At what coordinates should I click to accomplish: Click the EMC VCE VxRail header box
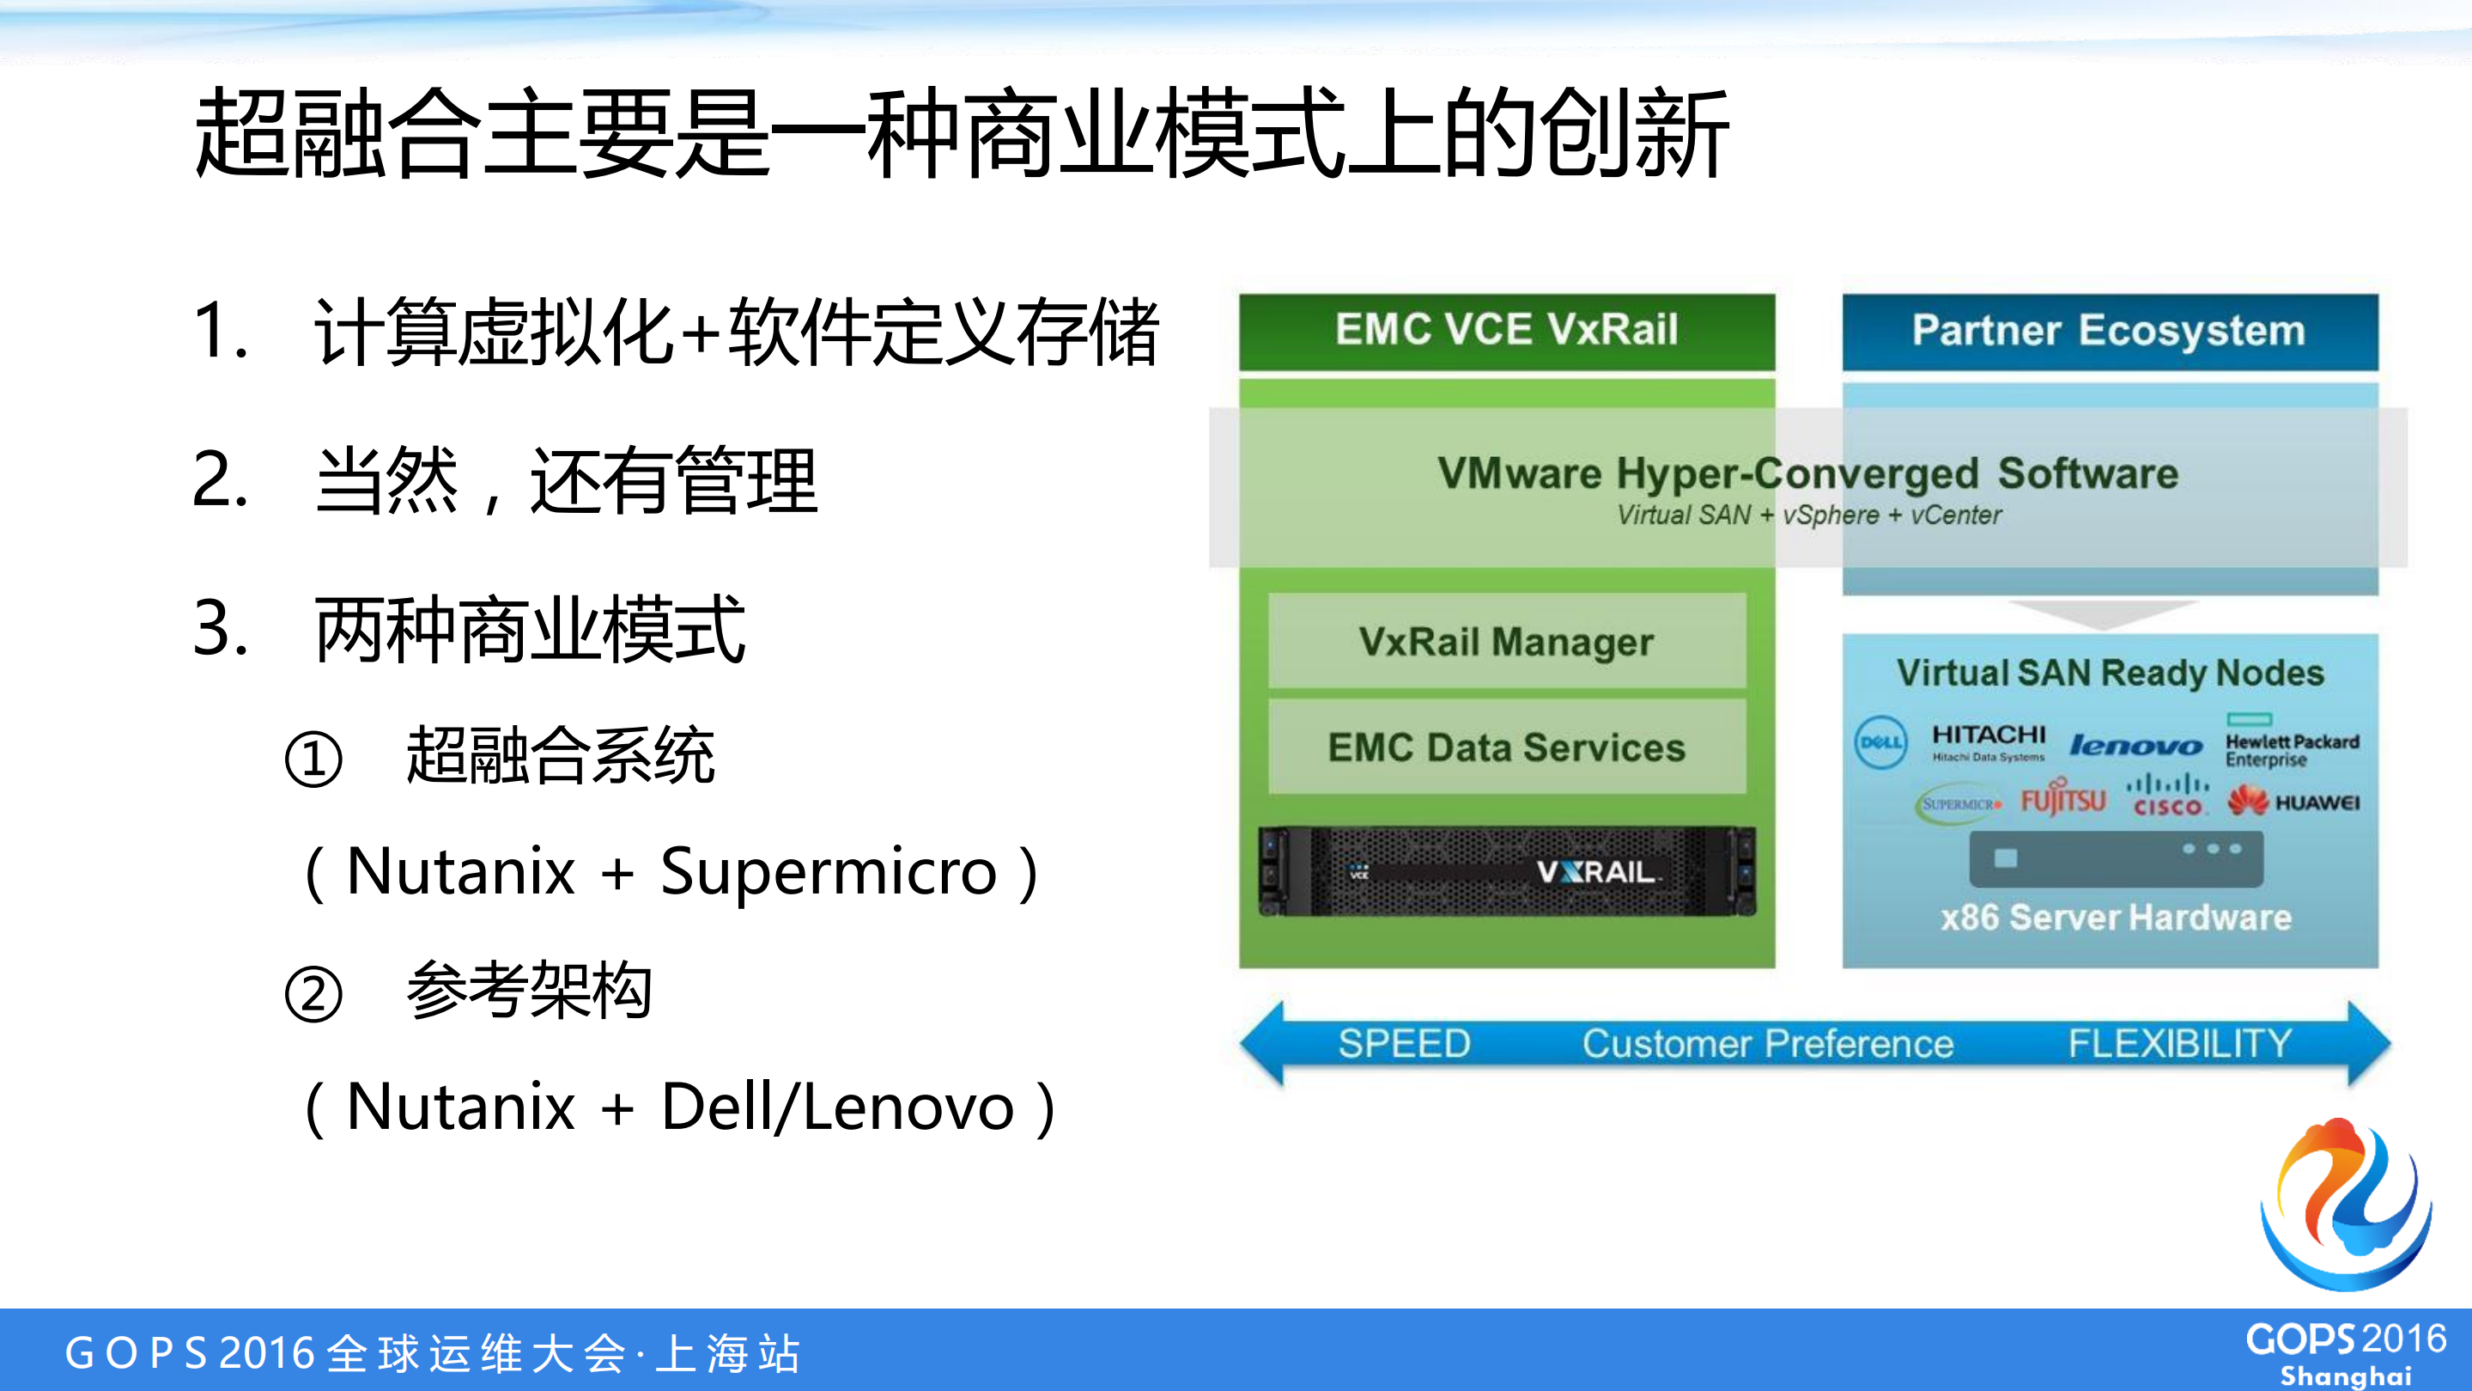(x=1507, y=331)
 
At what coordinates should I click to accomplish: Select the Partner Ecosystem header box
(x=2110, y=331)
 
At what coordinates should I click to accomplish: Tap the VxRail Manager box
(x=1507, y=641)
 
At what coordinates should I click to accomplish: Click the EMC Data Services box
(x=1507, y=747)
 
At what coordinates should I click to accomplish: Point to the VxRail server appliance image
(x=1507, y=870)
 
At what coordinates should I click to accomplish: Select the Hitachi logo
(x=1989, y=741)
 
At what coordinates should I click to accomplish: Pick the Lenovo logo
(x=2135, y=745)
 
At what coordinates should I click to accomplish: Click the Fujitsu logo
(x=2063, y=799)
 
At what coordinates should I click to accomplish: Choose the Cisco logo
(x=2167, y=796)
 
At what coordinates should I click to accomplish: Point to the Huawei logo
(x=2293, y=802)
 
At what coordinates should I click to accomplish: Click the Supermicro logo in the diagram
(x=1960, y=803)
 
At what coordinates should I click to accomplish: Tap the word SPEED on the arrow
(x=1404, y=1044)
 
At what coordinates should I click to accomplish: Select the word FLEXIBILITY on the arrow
(x=2179, y=1044)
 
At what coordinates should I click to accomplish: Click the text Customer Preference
(x=1768, y=1044)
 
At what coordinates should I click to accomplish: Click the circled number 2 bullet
(x=313, y=995)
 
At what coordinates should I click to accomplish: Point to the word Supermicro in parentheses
(x=829, y=872)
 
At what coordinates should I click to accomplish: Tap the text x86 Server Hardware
(x=2115, y=918)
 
